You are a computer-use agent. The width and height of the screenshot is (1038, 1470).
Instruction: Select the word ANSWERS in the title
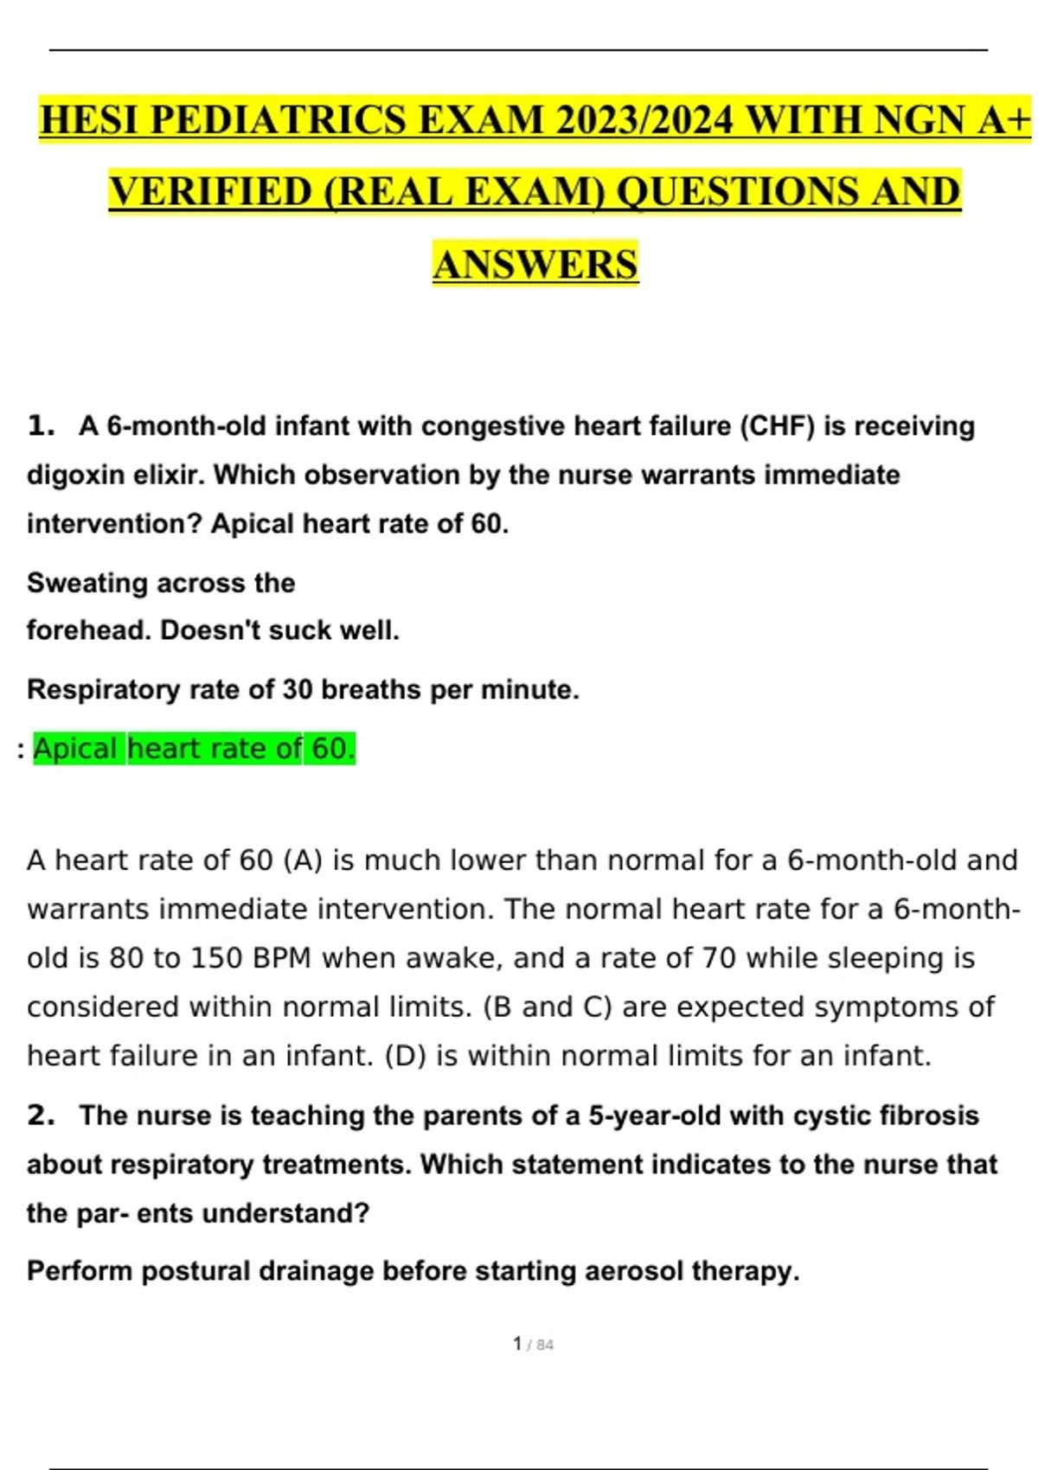coord(535,265)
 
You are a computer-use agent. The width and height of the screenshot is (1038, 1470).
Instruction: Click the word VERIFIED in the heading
coord(210,192)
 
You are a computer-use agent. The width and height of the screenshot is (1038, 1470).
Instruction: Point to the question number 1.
coord(40,425)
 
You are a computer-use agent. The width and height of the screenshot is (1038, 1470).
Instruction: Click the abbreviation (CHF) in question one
coord(777,426)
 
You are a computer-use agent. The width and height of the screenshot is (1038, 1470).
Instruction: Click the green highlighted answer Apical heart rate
coord(194,749)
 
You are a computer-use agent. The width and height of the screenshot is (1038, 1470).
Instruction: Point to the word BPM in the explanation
coord(282,958)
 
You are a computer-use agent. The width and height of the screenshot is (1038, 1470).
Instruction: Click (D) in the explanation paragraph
coord(405,1056)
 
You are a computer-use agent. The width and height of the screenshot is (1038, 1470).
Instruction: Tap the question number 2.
coord(40,1115)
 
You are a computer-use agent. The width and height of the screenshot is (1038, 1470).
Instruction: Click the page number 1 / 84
coord(533,1344)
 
